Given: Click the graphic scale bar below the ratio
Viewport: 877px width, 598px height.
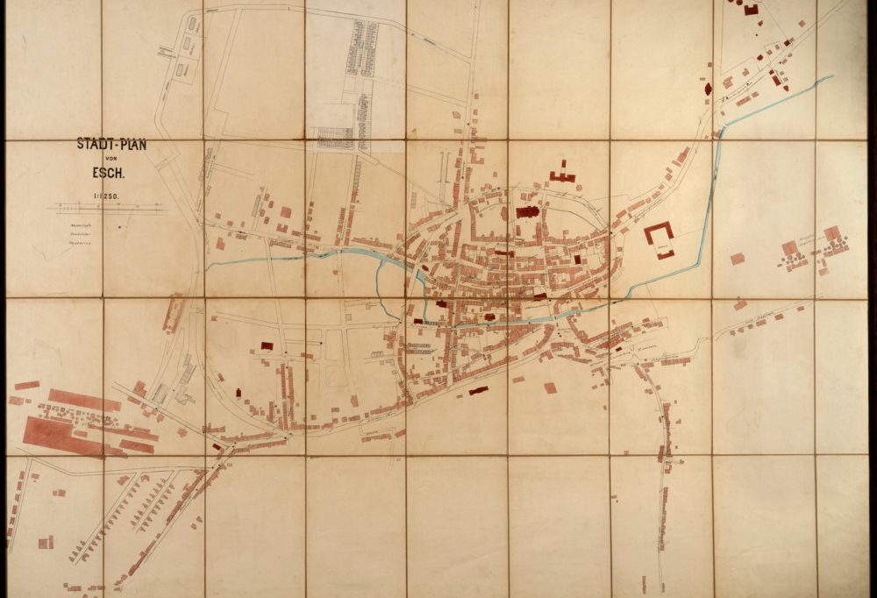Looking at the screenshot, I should point(110,209).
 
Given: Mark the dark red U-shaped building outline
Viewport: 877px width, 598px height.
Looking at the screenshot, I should point(660,235).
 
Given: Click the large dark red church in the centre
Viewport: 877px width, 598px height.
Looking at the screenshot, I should point(528,211).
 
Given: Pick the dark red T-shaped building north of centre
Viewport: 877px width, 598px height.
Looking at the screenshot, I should point(562,173).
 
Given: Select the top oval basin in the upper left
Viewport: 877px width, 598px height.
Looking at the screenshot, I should point(192,24).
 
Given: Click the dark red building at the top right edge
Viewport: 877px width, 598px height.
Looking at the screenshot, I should point(751,9).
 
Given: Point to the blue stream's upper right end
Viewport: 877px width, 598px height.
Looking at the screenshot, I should point(829,78).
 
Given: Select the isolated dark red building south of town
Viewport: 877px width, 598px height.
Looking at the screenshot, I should point(478,390).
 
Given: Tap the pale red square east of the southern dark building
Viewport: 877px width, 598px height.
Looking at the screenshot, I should point(550,387).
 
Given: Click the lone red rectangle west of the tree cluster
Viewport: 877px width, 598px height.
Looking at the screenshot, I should point(737,259).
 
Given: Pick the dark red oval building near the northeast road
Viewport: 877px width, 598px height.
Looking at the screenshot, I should point(708,89).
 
